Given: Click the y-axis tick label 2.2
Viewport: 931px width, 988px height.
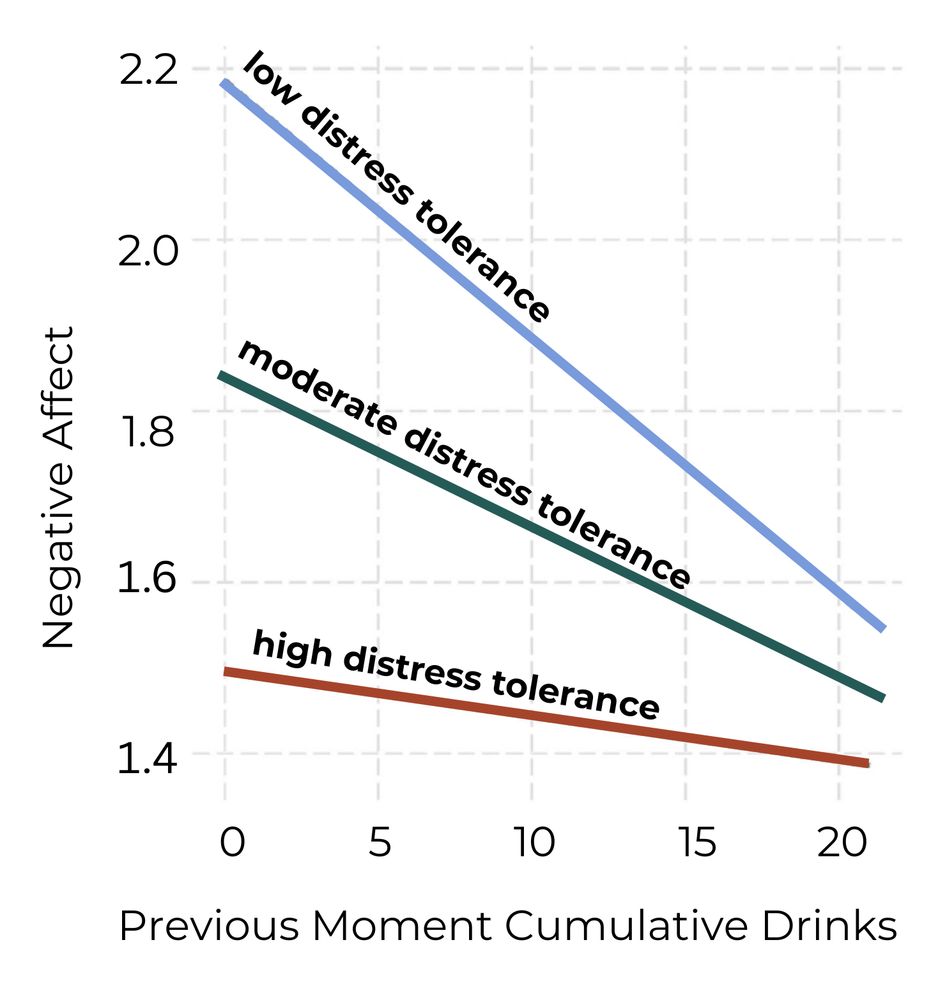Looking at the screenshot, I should [x=148, y=71].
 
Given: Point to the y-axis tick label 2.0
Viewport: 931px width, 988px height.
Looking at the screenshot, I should [x=148, y=251].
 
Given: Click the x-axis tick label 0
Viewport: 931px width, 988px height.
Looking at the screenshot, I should [x=232, y=842].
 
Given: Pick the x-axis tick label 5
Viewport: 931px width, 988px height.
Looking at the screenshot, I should [x=380, y=842].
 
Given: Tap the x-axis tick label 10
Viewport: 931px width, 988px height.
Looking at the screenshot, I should [x=534, y=842].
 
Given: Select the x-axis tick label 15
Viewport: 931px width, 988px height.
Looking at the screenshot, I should [x=697, y=842].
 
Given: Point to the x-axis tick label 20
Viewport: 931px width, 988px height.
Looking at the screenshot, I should [x=842, y=842].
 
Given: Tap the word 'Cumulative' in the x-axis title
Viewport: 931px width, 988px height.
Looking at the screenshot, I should [x=626, y=925].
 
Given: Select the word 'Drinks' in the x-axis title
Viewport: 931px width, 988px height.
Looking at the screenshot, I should [x=829, y=925].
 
